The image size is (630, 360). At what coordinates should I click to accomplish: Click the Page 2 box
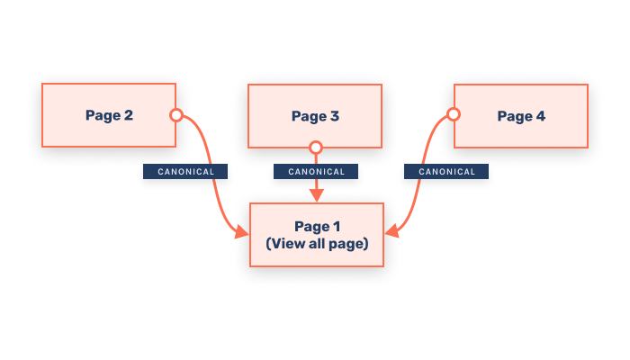click(x=109, y=115)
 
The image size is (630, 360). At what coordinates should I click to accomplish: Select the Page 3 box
click(x=315, y=116)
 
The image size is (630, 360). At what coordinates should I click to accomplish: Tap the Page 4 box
click(x=521, y=116)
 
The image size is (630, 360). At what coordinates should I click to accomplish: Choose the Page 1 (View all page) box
click(x=317, y=235)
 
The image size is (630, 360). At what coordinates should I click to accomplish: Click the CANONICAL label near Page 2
click(x=185, y=171)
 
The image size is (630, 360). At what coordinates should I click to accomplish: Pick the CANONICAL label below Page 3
click(x=315, y=171)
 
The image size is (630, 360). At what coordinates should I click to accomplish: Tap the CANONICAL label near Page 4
click(x=446, y=171)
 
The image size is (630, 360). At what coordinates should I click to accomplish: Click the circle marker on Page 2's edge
click(x=176, y=114)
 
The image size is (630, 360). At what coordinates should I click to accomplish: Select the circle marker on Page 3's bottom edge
click(x=315, y=147)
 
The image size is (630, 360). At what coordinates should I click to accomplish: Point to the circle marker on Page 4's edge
click(x=454, y=114)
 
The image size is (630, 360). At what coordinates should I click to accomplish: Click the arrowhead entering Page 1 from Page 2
click(x=243, y=234)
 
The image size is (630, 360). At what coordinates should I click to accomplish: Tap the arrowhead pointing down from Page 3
click(x=315, y=196)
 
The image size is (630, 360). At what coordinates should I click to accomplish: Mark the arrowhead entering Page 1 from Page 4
click(x=391, y=235)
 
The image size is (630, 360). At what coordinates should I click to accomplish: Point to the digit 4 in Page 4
click(x=540, y=116)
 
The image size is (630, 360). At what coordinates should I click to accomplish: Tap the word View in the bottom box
click(x=286, y=243)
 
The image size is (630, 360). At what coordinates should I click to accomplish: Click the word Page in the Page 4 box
click(x=514, y=116)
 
